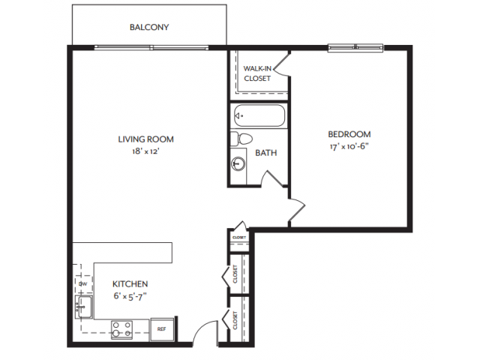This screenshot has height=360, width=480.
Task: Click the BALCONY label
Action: click(149, 28)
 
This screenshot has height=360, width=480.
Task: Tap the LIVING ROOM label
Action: click(145, 139)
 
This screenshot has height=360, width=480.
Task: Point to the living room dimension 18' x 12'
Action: click(145, 151)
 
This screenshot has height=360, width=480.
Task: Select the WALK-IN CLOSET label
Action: click(257, 73)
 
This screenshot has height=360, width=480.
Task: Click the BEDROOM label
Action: click(349, 134)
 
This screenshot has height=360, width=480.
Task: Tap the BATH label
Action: click(265, 153)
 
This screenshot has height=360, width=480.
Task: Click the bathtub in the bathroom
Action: click(259, 116)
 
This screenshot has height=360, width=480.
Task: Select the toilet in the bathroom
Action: click(241, 139)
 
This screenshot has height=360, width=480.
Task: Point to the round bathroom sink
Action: click(239, 163)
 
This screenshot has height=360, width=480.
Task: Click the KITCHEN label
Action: click(130, 284)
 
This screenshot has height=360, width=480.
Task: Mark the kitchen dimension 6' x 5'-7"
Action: click(130, 296)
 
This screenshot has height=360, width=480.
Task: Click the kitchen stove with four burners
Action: click(121, 328)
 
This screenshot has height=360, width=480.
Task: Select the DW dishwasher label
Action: click(84, 284)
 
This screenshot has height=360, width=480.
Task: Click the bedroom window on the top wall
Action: click(355, 47)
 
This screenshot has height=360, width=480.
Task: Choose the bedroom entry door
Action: click(297, 211)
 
